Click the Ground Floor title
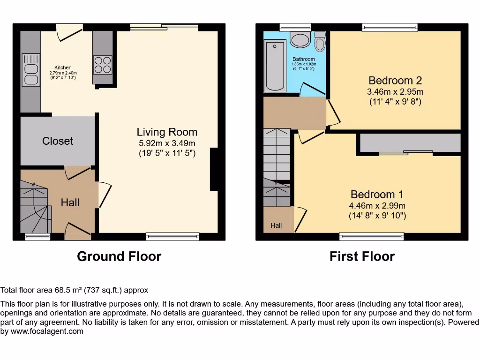(119, 256)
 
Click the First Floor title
(362, 256)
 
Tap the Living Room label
(167, 132)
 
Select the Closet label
(58, 141)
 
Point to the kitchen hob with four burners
(103, 65)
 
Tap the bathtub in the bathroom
(275, 66)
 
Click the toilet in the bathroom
(320, 42)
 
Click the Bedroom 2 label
(392, 81)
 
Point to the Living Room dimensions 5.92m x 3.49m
(167, 143)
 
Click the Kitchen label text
(63, 68)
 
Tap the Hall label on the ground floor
(70, 202)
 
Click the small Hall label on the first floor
(276, 225)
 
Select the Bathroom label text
(304, 60)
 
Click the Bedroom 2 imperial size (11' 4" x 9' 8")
(395, 101)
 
